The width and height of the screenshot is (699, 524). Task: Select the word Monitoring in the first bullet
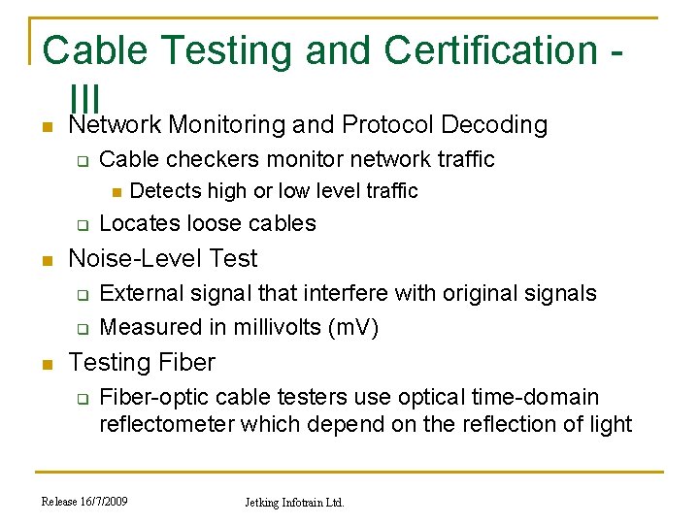[227, 125]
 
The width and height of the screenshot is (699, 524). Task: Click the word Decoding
[494, 125]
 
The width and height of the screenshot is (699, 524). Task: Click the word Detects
[164, 190]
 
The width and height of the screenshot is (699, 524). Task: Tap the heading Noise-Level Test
[163, 258]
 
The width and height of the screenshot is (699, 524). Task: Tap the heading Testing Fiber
[142, 362]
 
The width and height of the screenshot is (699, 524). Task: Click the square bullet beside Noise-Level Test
[46, 260]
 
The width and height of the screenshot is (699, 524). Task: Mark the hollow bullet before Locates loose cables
[83, 225]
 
